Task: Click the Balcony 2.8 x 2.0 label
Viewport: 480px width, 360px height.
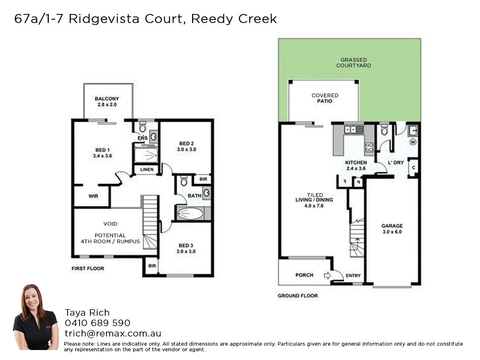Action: click(x=107, y=102)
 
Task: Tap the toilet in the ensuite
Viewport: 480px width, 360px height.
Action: click(x=142, y=128)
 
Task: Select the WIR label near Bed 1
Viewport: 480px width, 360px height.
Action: click(x=93, y=196)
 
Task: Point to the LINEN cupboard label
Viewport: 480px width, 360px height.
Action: click(x=147, y=170)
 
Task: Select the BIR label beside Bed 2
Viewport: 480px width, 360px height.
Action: click(x=203, y=179)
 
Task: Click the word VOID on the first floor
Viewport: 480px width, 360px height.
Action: click(x=110, y=224)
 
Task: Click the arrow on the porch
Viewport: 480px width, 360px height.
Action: click(x=327, y=275)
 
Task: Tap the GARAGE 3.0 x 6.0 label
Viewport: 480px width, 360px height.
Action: click(x=392, y=229)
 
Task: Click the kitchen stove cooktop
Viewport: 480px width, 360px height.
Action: click(x=369, y=148)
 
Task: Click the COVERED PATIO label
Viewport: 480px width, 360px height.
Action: click(x=325, y=98)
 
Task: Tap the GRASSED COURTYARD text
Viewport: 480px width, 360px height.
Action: click(x=354, y=62)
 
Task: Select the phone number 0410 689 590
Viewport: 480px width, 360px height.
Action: click(x=98, y=322)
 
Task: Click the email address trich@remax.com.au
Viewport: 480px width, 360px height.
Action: click(x=113, y=333)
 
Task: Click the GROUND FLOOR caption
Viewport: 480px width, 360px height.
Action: click(x=298, y=296)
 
